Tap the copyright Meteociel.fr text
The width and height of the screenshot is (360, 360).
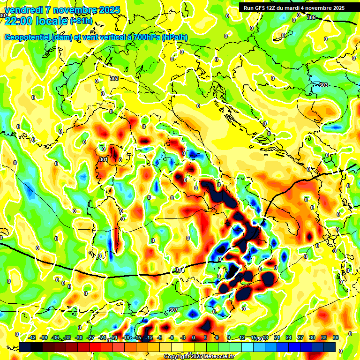click(x=199, y=357)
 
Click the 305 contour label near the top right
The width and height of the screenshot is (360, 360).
click(x=311, y=17)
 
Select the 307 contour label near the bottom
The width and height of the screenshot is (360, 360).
click(x=173, y=310)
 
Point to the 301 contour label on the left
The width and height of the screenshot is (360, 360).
click(x=104, y=159)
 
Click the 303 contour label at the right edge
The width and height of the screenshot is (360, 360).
click(x=323, y=85)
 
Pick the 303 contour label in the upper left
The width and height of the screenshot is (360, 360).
click(x=114, y=78)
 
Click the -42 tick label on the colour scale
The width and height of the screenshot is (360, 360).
click(x=32, y=337)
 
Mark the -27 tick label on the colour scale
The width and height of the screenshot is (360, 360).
click(x=90, y=337)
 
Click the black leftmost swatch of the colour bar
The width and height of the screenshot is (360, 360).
click(x=25, y=347)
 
